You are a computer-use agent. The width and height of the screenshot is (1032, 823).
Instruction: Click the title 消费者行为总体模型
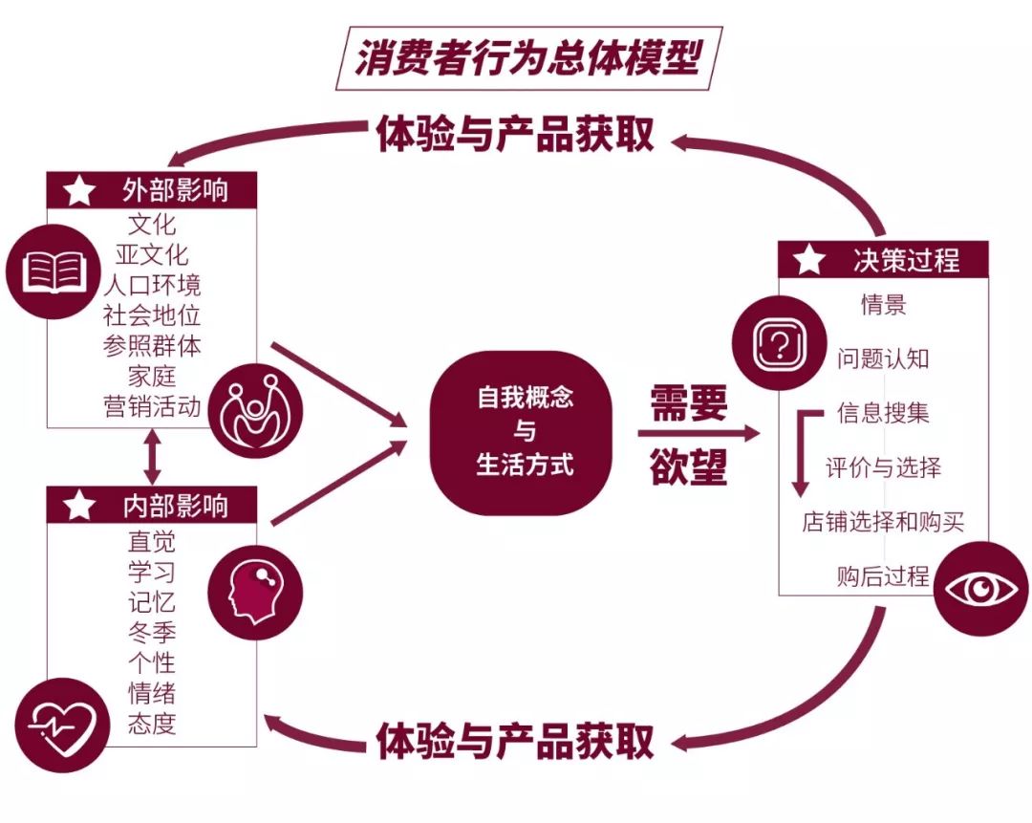pyautogui.click(x=528, y=57)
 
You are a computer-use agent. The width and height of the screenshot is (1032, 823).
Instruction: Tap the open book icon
pyautogui.click(x=54, y=271)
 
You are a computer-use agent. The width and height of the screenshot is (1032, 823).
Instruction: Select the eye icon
pyautogui.click(x=980, y=588)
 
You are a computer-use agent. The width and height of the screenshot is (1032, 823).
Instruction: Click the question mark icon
pyautogui.click(x=779, y=343)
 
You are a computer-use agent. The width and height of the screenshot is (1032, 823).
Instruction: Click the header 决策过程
pyautogui.click(x=906, y=259)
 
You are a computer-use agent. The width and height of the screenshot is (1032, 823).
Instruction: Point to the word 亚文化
pyautogui.click(x=152, y=254)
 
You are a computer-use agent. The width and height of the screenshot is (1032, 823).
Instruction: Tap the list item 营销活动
pyautogui.click(x=152, y=406)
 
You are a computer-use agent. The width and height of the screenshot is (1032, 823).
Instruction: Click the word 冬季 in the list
pyautogui.click(x=152, y=632)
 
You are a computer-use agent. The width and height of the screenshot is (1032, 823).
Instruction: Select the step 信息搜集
pyautogui.click(x=883, y=413)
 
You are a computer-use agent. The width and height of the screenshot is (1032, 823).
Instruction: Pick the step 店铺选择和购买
pyautogui.click(x=883, y=522)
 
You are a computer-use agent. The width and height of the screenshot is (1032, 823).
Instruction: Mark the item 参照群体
pyautogui.click(x=152, y=345)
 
